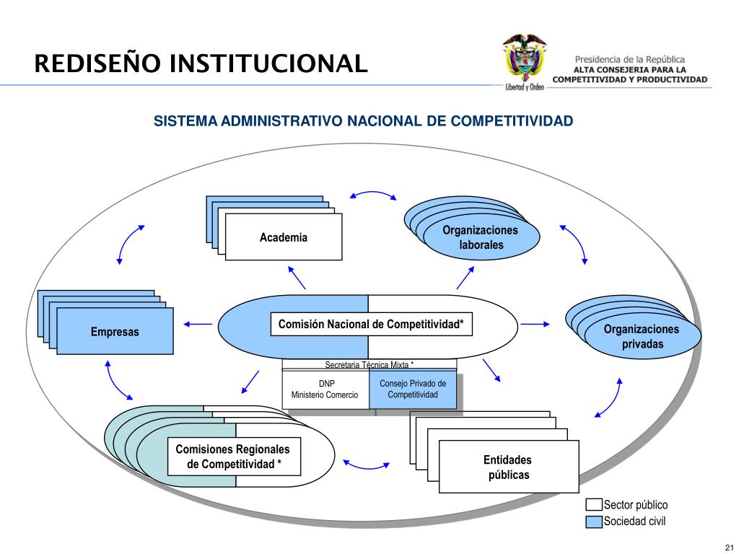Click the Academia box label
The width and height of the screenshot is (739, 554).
284,237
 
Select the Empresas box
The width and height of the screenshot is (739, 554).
115,332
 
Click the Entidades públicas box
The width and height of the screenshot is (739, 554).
508,467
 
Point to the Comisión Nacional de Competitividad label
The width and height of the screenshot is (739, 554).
371,325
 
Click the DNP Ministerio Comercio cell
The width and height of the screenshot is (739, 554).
325,390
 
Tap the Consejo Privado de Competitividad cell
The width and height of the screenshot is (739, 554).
413,390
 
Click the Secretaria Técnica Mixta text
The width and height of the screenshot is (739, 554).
369,365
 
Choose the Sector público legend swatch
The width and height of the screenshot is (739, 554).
594,505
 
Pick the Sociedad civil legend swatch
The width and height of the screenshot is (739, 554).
594,522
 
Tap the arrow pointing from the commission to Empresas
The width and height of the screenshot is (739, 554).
198,325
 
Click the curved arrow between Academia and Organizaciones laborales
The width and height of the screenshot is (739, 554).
372,195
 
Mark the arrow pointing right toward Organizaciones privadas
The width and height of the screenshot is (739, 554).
535,325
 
